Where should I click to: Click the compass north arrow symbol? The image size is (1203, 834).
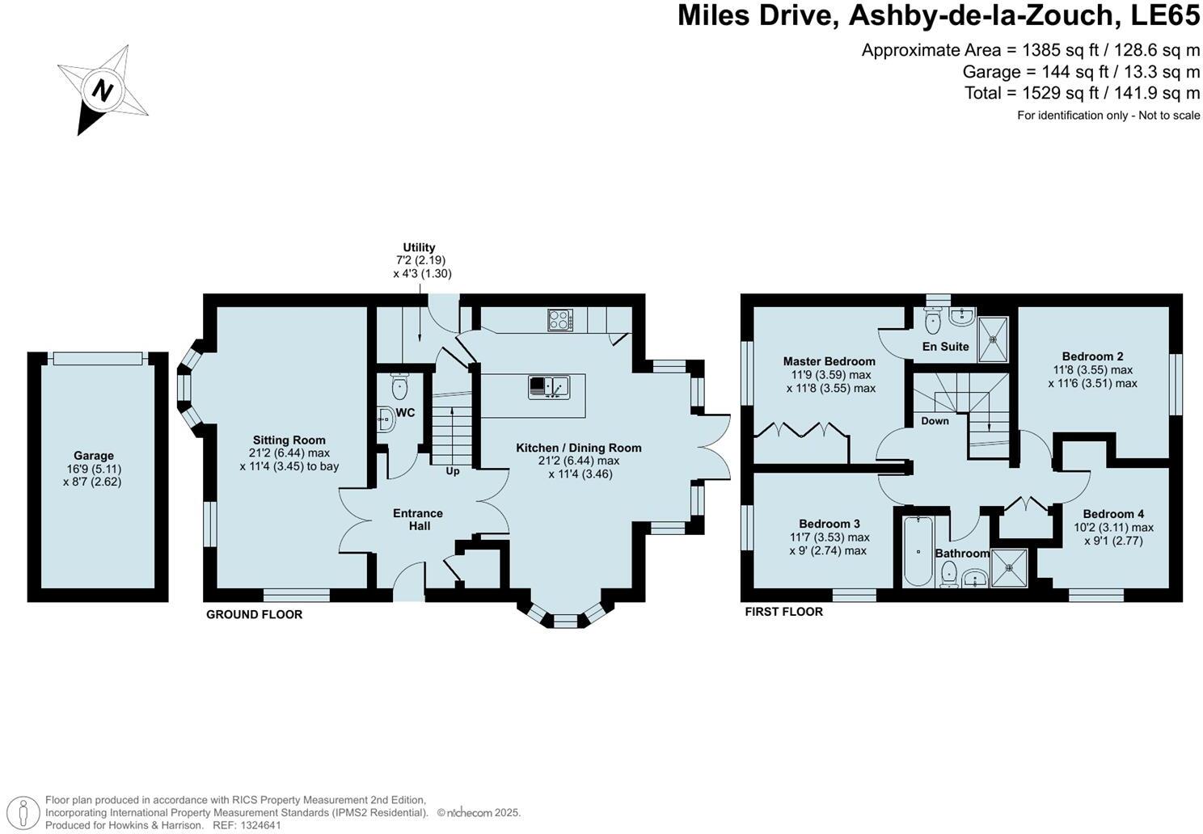(x=103, y=90)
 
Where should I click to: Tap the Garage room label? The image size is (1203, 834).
(x=94, y=456)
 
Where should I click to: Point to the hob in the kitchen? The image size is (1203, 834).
(x=559, y=320)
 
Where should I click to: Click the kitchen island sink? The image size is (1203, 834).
(x=549, y=387)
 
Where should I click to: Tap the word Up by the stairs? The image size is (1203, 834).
(x=452, y=471)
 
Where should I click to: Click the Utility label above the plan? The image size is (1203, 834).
(x=419, y=247)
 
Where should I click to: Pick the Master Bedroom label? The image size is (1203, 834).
(x=829, y=361)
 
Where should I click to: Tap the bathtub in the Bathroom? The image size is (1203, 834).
(x=918, y=552)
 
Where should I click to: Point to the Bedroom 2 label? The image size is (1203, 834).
(x=1092, y=356)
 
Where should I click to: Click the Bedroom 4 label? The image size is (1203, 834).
(x=1113, y=514)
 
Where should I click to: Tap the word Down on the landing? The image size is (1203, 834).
(x=935, y=421)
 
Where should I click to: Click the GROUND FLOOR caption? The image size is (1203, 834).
(x=254, y=615)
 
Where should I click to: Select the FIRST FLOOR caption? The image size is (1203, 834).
(x=783, y=612)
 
